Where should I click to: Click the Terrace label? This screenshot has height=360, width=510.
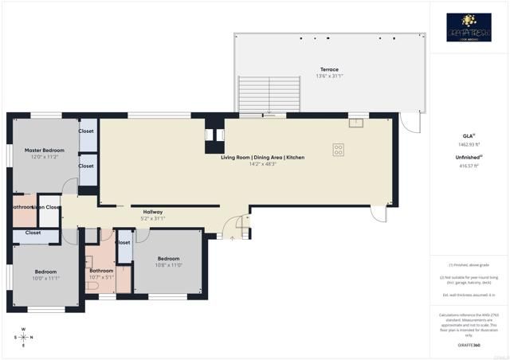tap(329, 69)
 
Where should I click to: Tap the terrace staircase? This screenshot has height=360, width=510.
tap(270, 96)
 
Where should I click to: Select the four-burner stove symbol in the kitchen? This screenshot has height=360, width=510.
tap(338, 148)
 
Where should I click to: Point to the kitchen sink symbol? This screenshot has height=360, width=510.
tap(355, 123)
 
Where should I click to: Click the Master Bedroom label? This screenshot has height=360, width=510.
tap(44, 150)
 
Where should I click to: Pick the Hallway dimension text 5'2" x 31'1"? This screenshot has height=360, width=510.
tap(152, 218)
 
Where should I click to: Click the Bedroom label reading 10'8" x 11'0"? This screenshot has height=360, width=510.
tap(168, 258)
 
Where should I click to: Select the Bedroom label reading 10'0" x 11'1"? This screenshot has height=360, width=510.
tap(45, 272)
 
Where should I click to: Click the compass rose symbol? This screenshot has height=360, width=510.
tap(23, 337)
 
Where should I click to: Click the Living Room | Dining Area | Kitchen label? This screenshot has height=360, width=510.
tap(262, 157)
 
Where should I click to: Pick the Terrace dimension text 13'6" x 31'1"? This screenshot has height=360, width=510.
tap(329, 76)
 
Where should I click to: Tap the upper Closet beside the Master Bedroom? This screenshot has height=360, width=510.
tap(86, 131)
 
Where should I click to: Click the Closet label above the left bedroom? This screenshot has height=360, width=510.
tap(33, 233)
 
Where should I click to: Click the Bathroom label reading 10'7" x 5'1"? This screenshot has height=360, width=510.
tap(101, 270)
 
